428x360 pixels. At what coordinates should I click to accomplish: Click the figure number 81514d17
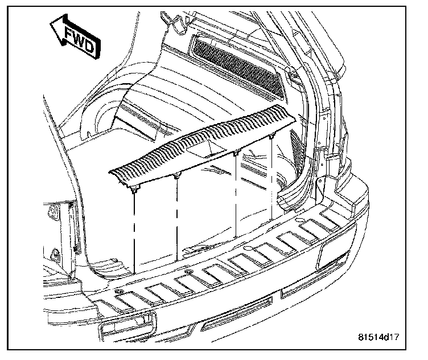click(379, 337)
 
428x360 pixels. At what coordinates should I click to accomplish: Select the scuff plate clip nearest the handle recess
click(235, 153)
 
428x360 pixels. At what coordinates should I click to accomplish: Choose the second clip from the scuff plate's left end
click(176, 175)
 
